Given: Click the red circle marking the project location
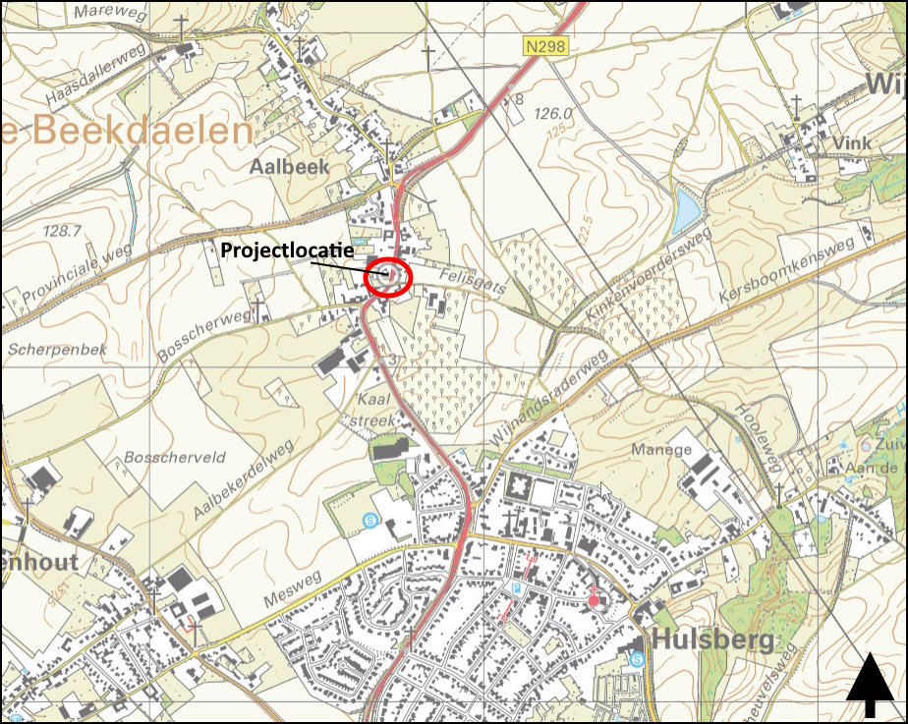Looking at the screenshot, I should tap(387, 278).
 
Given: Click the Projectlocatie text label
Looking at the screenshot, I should tap(286, 251).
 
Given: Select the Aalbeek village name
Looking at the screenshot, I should tap(289, 167).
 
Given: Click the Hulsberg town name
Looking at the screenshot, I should tap(712, 640).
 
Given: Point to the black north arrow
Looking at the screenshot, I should tap(871, 689).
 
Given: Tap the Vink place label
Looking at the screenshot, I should tap(850, 142).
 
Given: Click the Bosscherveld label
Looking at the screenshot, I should tap(162, 458).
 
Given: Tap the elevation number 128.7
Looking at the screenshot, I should tap(62, 230).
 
